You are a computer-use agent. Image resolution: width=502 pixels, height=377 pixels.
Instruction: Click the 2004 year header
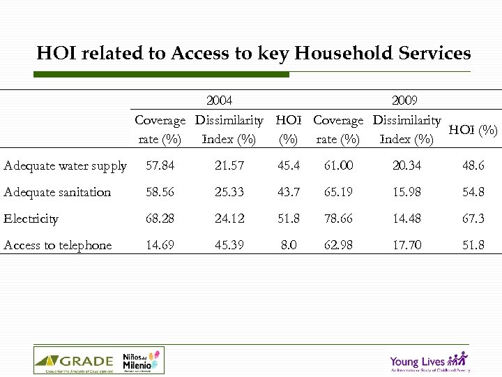[x=220, y=101]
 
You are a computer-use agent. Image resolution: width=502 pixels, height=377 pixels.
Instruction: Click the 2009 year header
[x=405, y=101]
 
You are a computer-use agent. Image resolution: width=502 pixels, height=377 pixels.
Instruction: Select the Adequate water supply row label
[x=65, y=165]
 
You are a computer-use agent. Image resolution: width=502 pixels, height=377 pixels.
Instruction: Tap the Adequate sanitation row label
[x=57, y=192]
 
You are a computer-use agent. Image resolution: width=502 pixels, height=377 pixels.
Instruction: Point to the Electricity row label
[x=31, y=219]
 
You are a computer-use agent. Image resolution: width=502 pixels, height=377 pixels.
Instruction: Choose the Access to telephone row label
[x=57, y=245]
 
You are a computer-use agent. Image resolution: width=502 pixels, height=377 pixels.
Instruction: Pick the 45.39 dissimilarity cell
[x=229, y=245]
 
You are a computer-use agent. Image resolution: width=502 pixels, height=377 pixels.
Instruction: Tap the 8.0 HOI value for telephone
[x=288, y=245]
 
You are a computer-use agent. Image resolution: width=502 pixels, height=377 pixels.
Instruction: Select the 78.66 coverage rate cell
[x=337, y=219]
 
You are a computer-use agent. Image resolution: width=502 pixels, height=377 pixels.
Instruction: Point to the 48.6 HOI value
[x=473, y=165]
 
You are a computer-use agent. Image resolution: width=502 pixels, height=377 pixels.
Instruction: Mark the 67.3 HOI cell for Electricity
[x=473, y=219]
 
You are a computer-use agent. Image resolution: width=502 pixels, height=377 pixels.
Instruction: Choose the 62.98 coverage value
[x=337, y=245]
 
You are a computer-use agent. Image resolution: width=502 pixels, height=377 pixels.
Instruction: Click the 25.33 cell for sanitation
[x=229, y=192]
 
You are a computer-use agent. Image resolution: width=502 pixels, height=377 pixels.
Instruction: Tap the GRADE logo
[x=74, y=361]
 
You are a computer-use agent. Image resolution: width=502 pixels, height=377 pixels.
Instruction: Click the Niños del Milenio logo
[x=142, y=361]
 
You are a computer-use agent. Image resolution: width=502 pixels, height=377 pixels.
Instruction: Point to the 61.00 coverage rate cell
[x=337, y=165]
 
